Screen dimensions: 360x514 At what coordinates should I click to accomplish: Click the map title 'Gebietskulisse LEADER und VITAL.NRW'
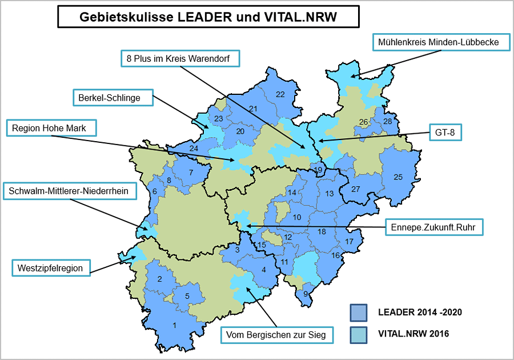point(208,17)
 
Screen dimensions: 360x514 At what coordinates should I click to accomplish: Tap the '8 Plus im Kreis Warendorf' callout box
point(180,58)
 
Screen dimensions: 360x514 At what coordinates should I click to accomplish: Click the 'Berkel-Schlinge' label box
point(114,98)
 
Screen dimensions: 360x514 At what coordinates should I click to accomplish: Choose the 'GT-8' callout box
point(445,134)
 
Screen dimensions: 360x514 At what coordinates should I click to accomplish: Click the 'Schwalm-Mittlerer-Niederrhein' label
point(70,191)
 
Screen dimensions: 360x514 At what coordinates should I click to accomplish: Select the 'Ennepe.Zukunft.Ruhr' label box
point(434,226)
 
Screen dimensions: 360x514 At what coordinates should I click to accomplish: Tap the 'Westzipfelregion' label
point(51,267)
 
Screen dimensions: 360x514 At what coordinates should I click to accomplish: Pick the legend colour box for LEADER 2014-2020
point(358,313)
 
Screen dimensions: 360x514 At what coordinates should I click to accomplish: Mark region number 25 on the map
point(398,177)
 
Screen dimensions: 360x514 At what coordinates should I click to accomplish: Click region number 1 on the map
point(174,326)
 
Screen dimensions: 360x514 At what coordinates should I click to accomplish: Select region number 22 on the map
point(280,94)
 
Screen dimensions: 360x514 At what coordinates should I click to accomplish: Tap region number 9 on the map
point(306,294)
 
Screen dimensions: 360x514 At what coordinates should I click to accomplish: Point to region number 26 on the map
point(363,122)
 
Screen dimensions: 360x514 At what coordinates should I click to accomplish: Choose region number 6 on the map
point(154,191)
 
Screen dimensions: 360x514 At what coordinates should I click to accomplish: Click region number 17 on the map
point(349,242)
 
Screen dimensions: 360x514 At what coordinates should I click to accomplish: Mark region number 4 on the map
point(263,270)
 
